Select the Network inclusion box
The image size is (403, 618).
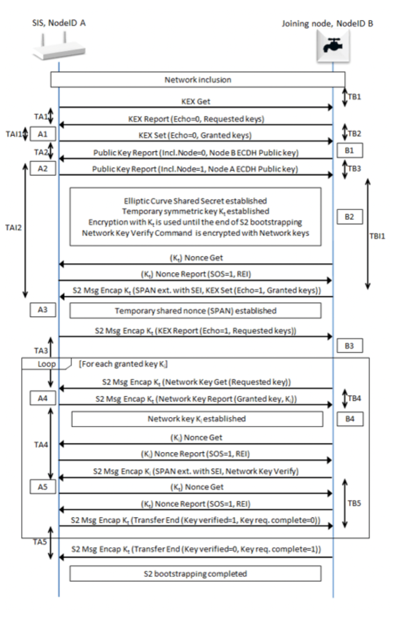197,80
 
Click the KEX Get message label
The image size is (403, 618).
195,102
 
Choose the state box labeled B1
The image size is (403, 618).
350,150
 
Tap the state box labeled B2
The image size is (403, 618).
350,217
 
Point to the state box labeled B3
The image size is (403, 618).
350,346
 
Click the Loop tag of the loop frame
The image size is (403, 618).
46,363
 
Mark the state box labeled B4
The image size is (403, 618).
350,419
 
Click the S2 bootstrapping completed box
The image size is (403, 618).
195,573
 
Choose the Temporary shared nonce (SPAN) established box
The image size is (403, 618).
195,311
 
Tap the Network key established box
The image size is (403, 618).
197,419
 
